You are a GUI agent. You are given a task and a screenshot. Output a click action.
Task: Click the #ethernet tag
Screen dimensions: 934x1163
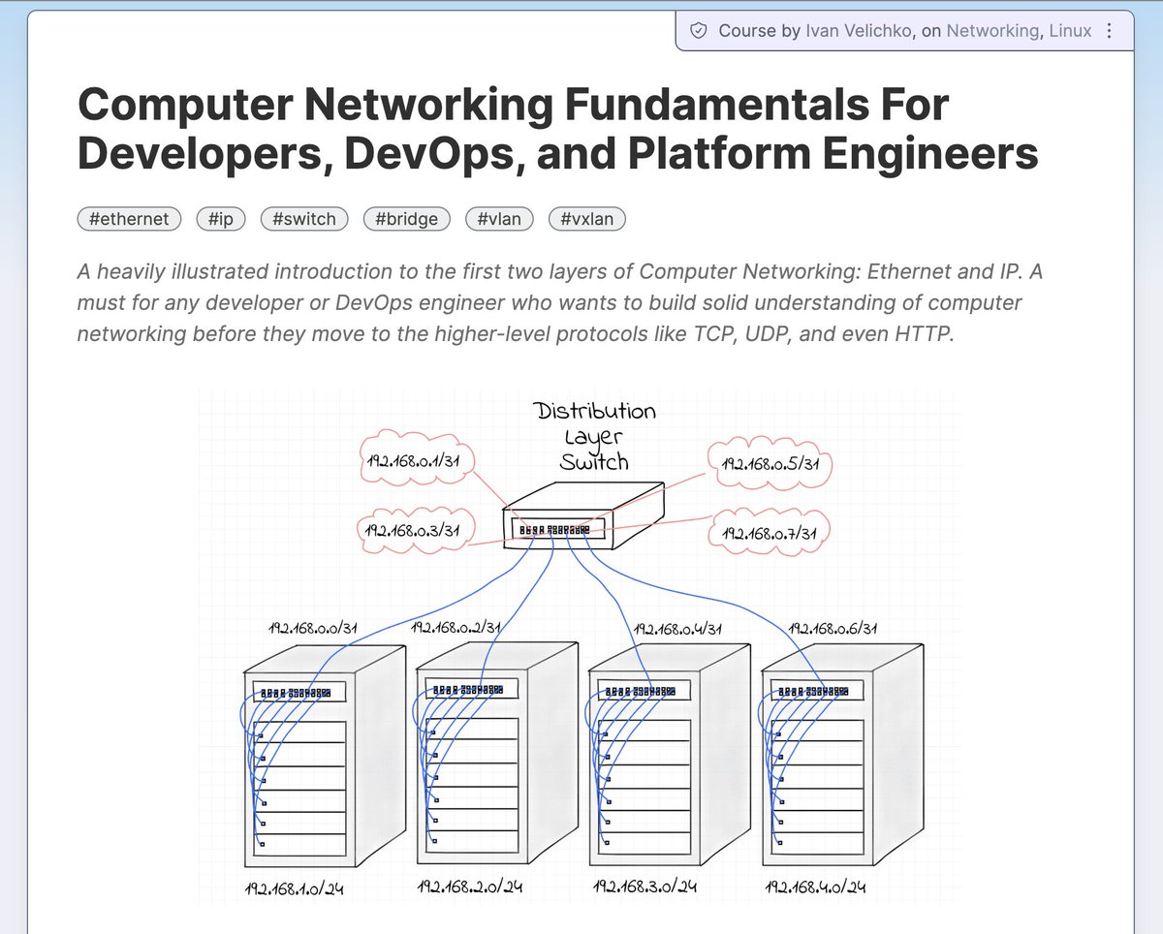pyautogui.click(x=129, y=219)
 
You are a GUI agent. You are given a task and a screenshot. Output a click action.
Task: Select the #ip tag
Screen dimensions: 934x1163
pyautogui.click(x=220, y=219)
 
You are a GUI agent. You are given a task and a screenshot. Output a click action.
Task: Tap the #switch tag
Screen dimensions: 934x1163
pyautogui.click(x=304, y=219)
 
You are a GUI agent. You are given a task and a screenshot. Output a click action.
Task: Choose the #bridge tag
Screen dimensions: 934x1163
pyautogui.click(x=406, y=219)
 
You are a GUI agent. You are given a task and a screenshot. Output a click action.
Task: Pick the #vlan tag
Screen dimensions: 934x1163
pyautogui.click(x=499, y=219)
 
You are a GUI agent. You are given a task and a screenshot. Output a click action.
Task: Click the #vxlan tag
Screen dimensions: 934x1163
pyautogui.click(x=587, y=219)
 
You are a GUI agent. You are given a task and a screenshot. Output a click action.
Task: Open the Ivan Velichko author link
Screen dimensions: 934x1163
pyautogui.click(x=861, y=31)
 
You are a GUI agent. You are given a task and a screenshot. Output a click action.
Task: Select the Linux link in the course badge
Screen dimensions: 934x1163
pyautogui.click(x=1071, y=31)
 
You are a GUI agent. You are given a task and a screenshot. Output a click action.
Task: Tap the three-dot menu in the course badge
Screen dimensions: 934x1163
pyautogui.click(x=1111, y=31)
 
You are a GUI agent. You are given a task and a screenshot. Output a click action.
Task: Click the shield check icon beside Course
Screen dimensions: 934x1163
pyautogui.click(x=698, y=31)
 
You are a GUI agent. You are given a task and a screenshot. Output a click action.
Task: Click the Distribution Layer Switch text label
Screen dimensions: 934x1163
pyautogui.click(x=595, y=436)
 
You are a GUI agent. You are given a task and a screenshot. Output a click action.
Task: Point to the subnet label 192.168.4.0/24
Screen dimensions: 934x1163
pyautogui.click(x=815, y=887)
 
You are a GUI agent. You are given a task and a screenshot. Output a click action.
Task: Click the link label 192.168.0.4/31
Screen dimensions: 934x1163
pyautogui.click(x=679, y=628)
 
